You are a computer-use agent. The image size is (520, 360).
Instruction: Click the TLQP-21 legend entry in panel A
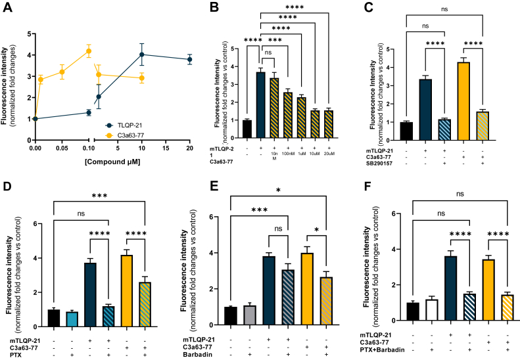tap(131, 124)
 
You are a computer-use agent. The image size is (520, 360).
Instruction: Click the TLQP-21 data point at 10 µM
tap(141, 55)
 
